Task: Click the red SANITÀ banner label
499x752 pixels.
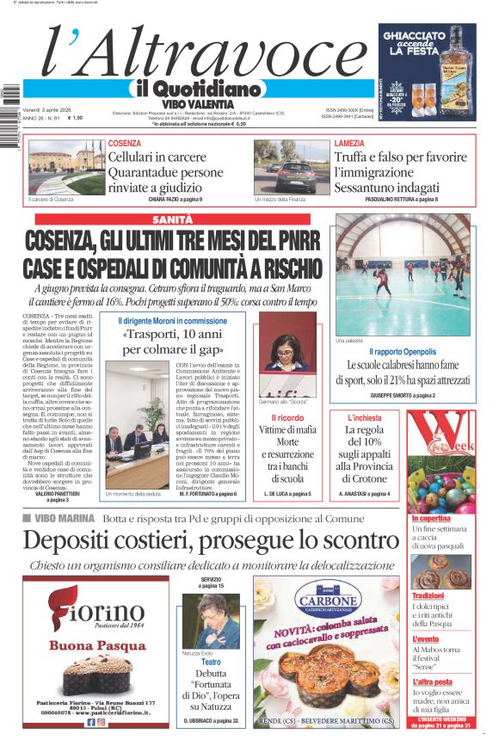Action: [x=172, y=220]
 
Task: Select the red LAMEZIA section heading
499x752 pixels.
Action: [x=349, y=143]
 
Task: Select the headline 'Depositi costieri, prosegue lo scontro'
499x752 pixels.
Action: [x=211, y=540]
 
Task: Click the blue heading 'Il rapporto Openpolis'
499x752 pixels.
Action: [x=403, y=352]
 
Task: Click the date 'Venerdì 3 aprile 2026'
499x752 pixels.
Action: [x=50, y=110]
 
